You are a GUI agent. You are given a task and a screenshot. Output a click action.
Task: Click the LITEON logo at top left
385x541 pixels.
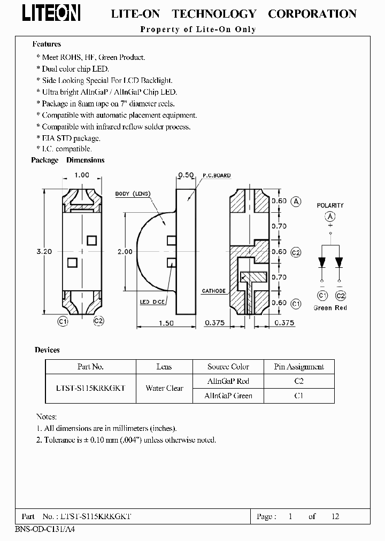pos(51,13)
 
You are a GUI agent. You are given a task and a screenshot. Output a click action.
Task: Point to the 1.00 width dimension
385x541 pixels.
pos(82,175)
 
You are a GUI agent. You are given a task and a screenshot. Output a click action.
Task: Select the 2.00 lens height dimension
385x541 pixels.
pos(125,251)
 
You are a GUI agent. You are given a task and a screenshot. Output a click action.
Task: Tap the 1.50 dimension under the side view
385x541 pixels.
pos(167,323)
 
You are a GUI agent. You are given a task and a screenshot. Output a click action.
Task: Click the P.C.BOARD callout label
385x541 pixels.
pos(217,175)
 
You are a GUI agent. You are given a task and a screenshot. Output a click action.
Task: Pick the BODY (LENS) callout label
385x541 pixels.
pos(133,194)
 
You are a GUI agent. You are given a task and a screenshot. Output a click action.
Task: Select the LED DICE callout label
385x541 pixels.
pos(152,302)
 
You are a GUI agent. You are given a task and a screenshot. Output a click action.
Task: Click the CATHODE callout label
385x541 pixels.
pos(213,291)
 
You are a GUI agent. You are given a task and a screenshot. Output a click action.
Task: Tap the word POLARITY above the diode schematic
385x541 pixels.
pos(330,205)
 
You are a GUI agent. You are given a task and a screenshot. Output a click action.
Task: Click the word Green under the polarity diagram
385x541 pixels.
pos(323,308)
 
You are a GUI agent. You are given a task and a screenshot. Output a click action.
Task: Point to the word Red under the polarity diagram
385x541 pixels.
pos(341,308)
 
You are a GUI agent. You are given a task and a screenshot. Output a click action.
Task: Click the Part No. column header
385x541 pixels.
pos(90,367)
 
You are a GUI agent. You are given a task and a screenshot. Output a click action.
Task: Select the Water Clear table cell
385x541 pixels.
pos(164,389)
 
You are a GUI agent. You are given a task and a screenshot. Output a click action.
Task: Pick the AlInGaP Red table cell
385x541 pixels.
pos(228,381)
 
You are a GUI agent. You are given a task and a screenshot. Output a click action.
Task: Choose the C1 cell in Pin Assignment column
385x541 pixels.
pos(299,396)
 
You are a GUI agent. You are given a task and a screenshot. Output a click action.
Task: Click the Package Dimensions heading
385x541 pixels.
pos(68,160)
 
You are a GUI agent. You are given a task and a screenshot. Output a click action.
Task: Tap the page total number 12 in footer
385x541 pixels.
pos(335,516)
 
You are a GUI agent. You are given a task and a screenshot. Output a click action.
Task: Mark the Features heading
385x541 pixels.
pos(47,44)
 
